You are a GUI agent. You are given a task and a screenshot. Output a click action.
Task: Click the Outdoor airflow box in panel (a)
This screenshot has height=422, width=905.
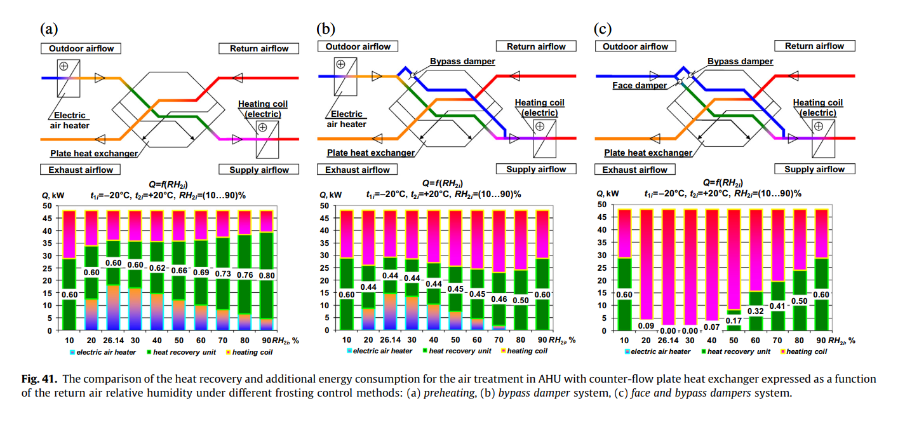click(x=81, y=48)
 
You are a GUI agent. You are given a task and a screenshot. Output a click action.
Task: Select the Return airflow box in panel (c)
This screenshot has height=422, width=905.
click(x=814, y=46)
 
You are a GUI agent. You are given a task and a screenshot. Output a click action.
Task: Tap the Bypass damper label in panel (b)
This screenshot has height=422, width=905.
click(x=462, y=61)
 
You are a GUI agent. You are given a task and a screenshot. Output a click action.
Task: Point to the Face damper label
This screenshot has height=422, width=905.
click(x=639, y=85)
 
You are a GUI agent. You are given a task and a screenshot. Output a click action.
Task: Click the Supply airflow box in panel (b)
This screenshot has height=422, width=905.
click(x=536, y=169)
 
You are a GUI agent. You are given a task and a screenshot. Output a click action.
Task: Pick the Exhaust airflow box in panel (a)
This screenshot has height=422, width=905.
click(x=81, y=170)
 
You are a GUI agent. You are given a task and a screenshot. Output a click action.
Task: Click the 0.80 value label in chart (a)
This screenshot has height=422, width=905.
click(x=267, y=276)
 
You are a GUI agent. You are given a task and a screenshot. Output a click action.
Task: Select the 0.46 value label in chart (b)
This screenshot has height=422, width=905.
click(x=499, y=299)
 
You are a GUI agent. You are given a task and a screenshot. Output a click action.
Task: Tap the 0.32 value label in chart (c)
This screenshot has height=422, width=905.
click(x=756, y=311)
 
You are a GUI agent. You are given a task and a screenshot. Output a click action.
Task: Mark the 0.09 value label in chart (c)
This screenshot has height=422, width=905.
click(x=646, y=326)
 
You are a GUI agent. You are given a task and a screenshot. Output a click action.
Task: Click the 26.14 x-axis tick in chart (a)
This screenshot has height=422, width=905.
click(x=113, y=341)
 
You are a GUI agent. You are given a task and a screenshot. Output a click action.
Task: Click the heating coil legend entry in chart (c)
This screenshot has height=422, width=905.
click(x=803, y=351)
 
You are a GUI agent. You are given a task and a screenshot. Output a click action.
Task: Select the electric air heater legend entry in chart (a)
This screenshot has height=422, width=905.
click(x=103, y=352)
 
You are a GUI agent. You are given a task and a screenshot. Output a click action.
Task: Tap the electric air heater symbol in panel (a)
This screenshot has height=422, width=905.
click(x=69, y=78)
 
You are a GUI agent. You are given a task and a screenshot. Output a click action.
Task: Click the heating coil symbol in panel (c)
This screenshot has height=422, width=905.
click(x=823, y=139)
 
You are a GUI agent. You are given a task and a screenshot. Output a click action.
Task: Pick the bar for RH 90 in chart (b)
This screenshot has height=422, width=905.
click(x=542, y=270)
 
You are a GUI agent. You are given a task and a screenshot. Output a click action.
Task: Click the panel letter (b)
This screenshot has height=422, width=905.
click(x=326, y=29)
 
